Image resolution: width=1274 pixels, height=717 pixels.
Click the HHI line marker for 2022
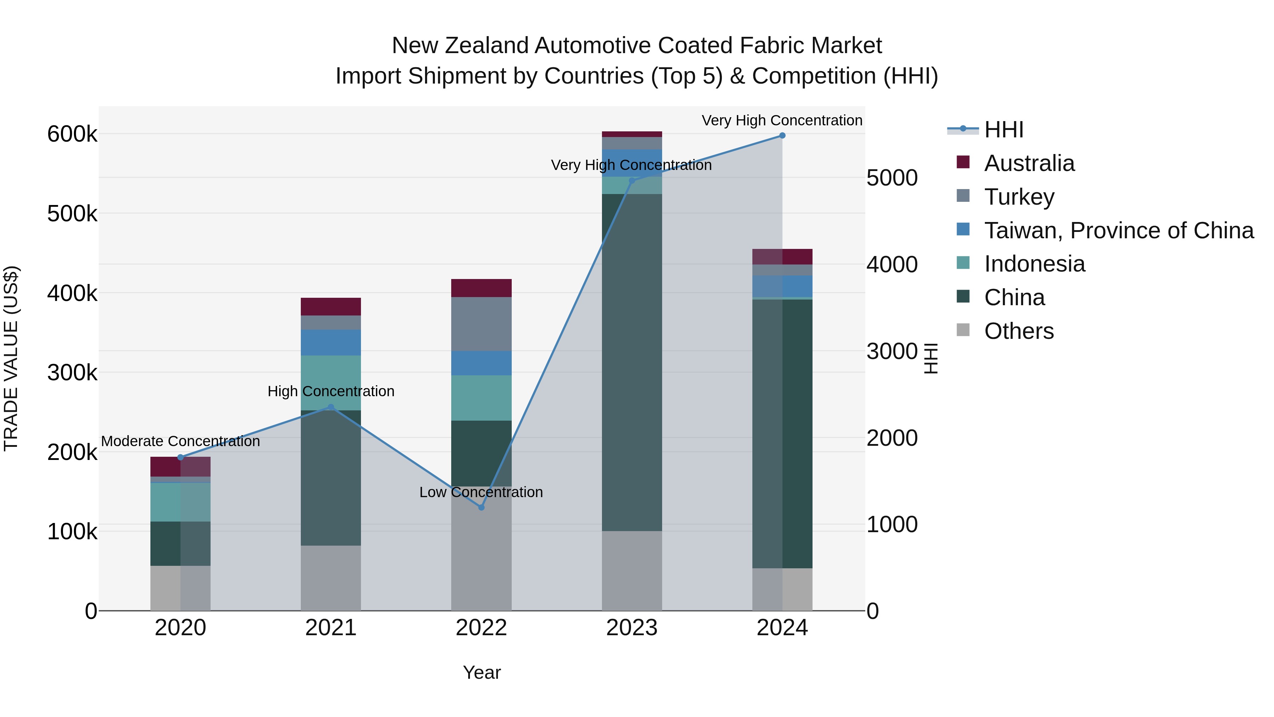pos(481,507)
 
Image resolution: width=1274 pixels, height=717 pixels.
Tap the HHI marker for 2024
pos(782,136)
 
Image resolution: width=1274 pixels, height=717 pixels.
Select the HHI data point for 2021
pos(331,407)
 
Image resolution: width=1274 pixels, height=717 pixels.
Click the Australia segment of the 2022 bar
pos(481,288)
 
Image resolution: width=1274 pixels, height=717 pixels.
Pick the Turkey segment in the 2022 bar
pos(481,324)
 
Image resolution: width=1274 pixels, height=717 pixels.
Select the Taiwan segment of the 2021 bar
pos(331,342)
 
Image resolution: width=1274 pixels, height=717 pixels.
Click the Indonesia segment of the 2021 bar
pos(331,382)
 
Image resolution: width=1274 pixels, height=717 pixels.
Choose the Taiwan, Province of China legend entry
pos(1119,231)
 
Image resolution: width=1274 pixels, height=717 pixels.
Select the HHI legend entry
pos(1004,130)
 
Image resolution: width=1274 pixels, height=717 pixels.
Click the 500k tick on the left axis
pos(72,214)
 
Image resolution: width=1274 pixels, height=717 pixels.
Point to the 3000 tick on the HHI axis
pos(892,351)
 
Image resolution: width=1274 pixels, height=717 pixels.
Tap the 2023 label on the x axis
pos(632,628)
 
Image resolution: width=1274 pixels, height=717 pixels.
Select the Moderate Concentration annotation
pos(180,441)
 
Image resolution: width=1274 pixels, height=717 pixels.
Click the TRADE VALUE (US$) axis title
pos(11,358)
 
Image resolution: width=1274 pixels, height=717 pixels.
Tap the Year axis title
pos(482,672)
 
